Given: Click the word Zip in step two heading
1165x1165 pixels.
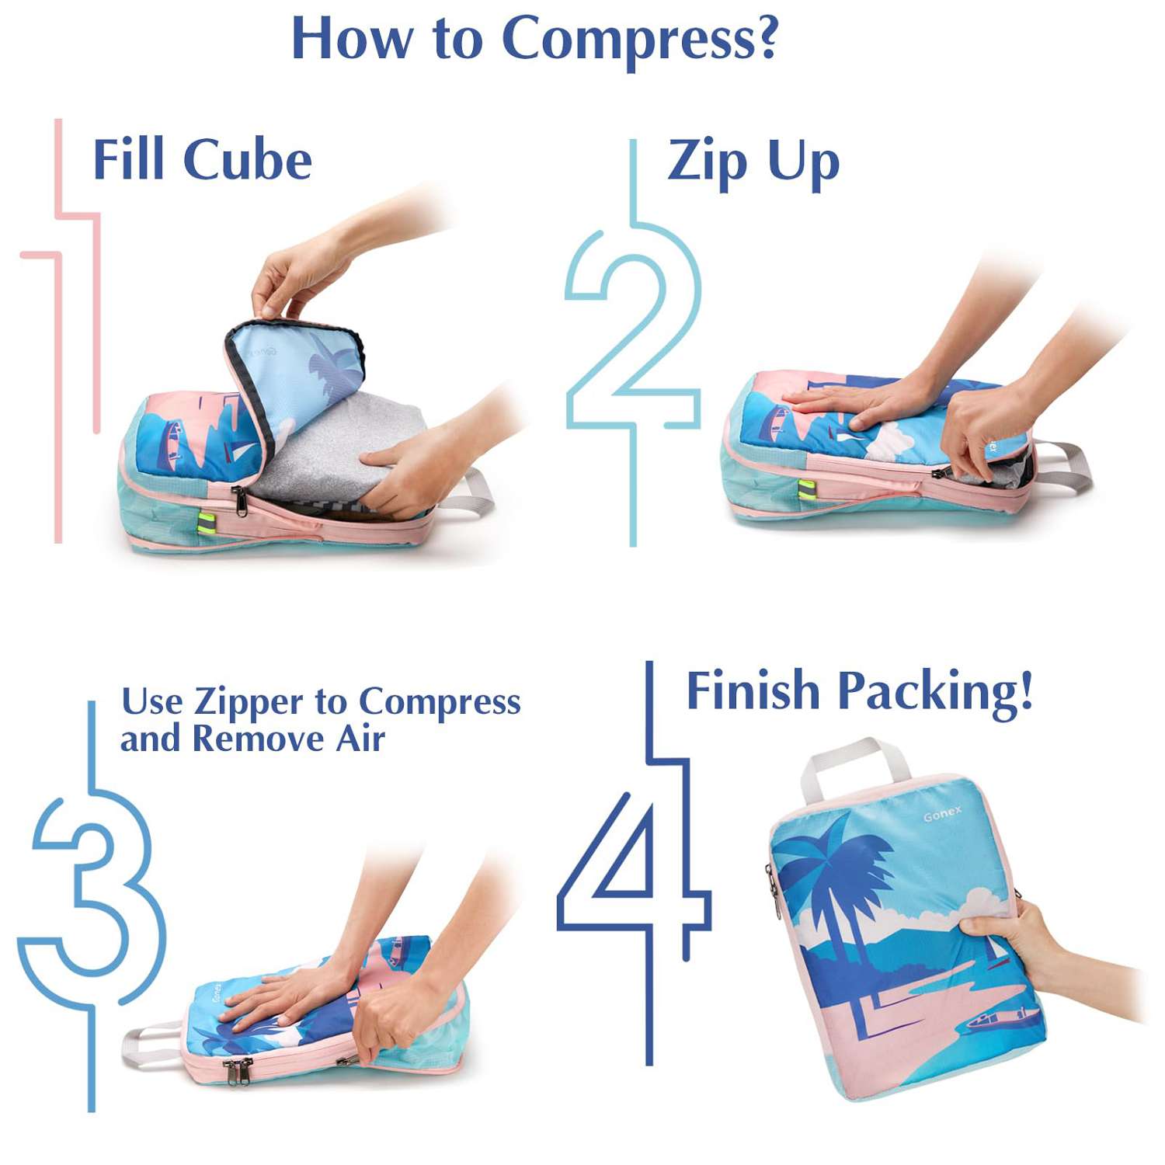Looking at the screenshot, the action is click(708, 164).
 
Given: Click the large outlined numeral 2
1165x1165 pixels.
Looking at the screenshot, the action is click(633, 342).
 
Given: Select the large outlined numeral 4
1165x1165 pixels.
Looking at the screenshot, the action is click(637, 862).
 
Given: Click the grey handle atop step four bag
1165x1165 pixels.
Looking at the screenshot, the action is click(854, 765).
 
